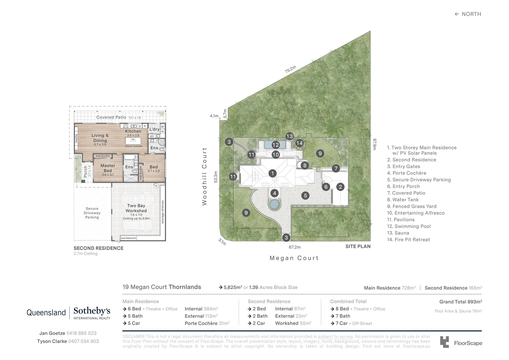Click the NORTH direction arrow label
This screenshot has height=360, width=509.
tap(468, 14)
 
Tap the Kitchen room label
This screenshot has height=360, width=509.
tap(133, 131)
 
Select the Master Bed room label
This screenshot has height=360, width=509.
tap(108, 168)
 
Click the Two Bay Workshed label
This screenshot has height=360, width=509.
tap(136, 208)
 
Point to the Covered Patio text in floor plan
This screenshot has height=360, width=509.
tap(111, 117)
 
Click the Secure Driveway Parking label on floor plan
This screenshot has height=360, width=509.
tap(92, 213)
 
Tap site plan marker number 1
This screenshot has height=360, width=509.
tap(272, 173)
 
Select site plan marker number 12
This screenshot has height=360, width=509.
tap(275, 145)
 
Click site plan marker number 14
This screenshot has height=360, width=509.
tap(299, 143)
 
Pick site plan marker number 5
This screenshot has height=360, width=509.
tap(305, 196)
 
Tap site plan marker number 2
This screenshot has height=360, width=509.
tap(340, 187)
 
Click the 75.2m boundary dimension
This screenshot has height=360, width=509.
tap(290, 69)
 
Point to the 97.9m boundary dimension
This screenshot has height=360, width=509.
tap(374, 144)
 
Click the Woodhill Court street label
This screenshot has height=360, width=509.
tap(205, 176)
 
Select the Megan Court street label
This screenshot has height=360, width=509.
tap(294, 258)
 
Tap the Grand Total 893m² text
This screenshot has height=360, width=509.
tap(460, 302)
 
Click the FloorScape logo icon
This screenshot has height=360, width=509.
tap(444, 342)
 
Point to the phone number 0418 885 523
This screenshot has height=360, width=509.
tap(81, 333)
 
